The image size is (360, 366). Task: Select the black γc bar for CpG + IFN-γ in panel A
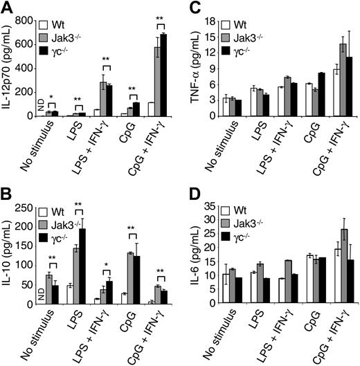165,75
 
